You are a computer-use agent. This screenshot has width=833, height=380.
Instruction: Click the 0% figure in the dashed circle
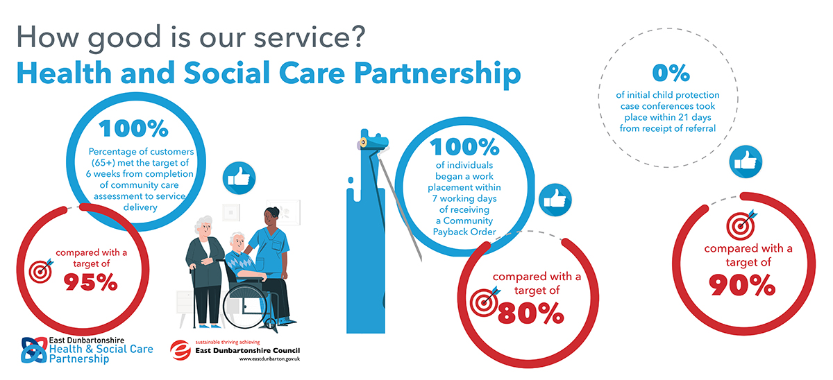coord(671,73)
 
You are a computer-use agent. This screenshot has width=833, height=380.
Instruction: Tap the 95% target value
coord(90,282)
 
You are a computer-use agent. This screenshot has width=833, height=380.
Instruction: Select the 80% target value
coord(530,313)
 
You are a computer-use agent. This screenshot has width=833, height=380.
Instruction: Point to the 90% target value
coord(742,285)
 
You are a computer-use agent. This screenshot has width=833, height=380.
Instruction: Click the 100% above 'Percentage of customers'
coord(133,128)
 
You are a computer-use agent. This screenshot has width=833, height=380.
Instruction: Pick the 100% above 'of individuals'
coord(464,147)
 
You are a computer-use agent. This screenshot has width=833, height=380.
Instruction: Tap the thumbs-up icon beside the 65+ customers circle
coord(239,178)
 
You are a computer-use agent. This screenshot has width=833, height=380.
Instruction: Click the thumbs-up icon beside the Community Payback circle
coord(555,200)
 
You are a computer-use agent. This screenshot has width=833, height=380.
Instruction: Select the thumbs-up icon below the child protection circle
coord(746,161)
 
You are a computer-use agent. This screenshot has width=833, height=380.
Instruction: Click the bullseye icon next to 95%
coord(41,271)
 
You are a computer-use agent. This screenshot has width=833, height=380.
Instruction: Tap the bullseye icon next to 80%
coord(485,302)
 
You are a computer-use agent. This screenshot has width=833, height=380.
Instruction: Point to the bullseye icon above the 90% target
coord(741,225)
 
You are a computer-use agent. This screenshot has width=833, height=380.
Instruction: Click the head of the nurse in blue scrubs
coord(271,217)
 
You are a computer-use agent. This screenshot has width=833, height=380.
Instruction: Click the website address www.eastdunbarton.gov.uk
coord(269,359)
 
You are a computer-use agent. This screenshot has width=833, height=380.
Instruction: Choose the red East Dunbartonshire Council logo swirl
coord(180,350)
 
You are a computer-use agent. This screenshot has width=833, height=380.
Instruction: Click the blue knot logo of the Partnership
coord(34,350)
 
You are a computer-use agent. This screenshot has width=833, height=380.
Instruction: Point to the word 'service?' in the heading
coord(310,37)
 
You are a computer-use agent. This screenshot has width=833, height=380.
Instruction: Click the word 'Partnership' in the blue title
coord(438,74)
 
